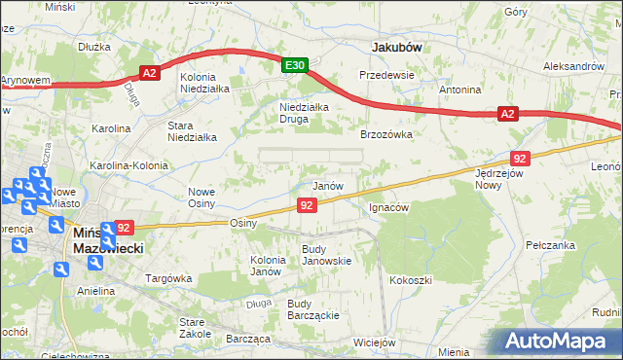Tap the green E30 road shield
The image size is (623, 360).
pyautogui.click(x=296, y=65)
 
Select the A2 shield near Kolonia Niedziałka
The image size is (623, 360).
pyautogui.click(x=149, y=72)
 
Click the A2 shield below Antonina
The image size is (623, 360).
pyautogui.click(x=507, y=114)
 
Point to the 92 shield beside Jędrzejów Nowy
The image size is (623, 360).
pyautogui.click(x=520, y=159)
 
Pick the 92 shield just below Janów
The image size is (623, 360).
pyautogui.click(x=307, y=204)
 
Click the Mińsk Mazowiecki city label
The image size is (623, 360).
pyautogui.click(x=108, y=241)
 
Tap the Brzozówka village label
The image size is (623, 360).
pyautogui.click(x=387, y=135)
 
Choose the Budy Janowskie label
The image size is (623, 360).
pyautogui.click(x=326, y=255)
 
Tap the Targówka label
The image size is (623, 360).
pyautogui.click(x=165, y=278)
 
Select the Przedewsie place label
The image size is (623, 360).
pyautogui.click(x=386, y=75)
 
